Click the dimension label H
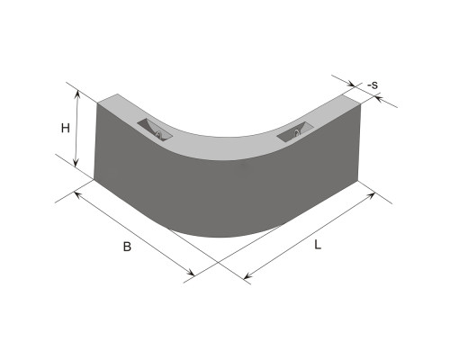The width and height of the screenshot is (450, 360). point(66,129)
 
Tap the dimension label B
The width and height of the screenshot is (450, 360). point(127,247)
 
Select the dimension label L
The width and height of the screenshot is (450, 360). point(318,245)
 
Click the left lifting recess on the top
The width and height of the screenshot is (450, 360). point(155,130)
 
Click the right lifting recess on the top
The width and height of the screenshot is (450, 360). point(295,131)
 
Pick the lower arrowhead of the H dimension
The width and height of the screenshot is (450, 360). point(76,163)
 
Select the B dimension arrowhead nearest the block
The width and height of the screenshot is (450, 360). point(77,195)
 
